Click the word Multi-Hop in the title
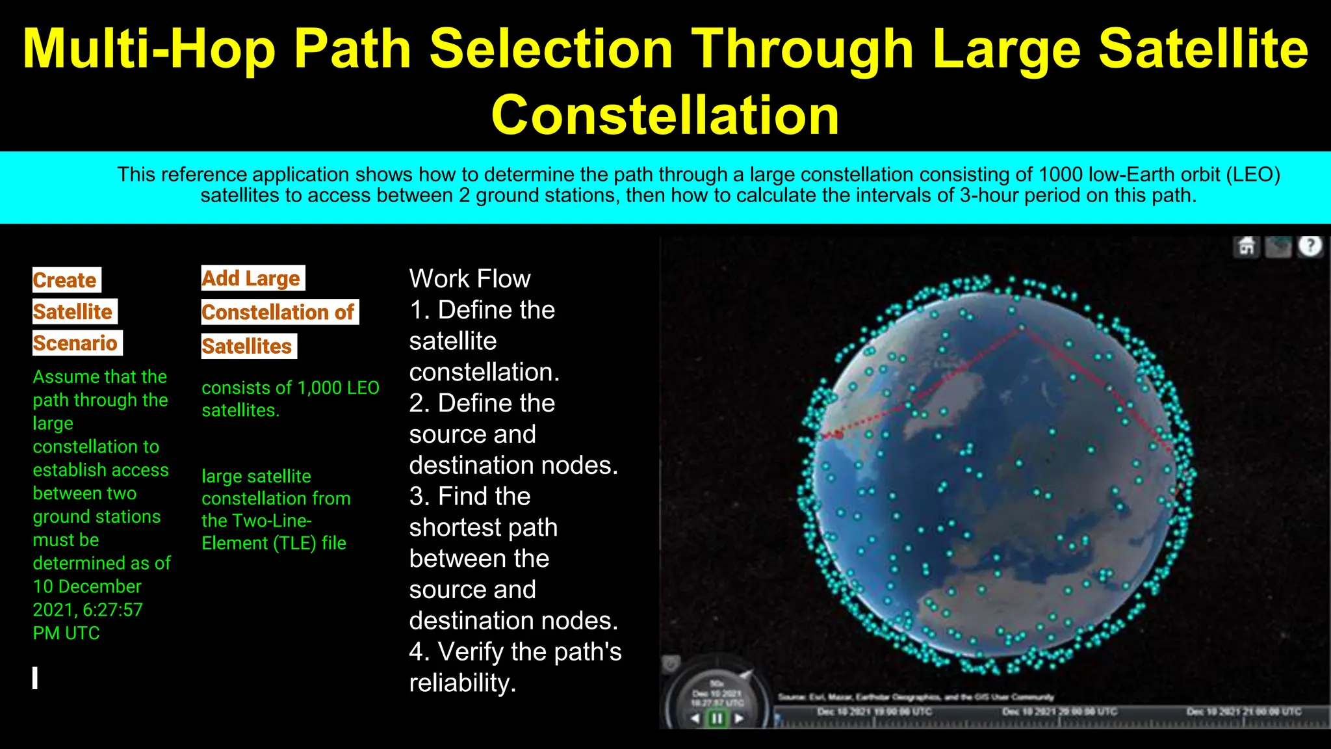click(x=149, y=49)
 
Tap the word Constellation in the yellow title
click(x=665, y=116)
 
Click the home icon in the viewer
click(x=1247, y=247)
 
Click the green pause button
click(x=717, y=718)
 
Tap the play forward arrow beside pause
click(x=739, y=718)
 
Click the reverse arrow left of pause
click(x=695, y=718)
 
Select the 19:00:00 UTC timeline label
click(x=874, y=712)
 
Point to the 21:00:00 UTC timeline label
click(x=1244, y=712)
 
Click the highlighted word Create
click(x=65, y=280)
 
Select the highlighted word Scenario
click(x=75, y=343)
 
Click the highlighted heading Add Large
click(x=251, y=278)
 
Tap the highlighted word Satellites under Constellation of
click(x=247, y=346)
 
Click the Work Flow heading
click(x=470, y=279)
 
